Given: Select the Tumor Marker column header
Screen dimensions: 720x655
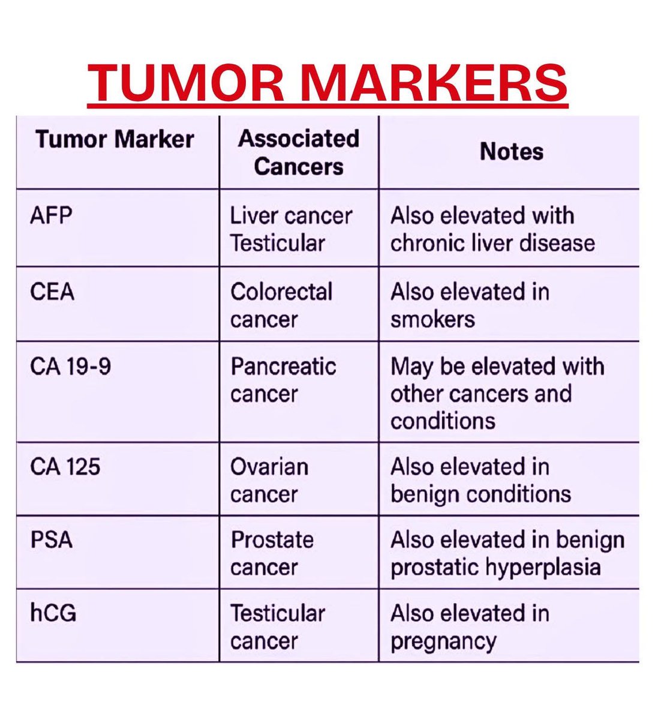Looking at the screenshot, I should pyautogui.click(x=115, y=139).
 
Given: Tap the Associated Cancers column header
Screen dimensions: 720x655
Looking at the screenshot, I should pyautogui.click(x=298, y=152).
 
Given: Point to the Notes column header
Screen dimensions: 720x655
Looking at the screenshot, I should pyautogui.click(x=511, y=151).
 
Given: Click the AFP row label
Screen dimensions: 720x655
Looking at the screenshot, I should pyautogui.click(x=51, y=215).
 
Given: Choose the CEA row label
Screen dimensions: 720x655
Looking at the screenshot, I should pyautogui.click(x=52, y=292).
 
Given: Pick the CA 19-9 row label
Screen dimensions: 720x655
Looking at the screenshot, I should pyautogui.click(x=70, y=366).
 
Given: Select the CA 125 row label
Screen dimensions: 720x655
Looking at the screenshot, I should pyautogui.click(x=65, y=466).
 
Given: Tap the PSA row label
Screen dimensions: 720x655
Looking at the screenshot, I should pyautogui.click(x=51, y=539).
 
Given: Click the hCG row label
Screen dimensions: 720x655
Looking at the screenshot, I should pyautogui.click(x=53, y=613).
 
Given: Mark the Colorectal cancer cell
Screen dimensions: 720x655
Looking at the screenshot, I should pyautogui.click(x=281, y=305).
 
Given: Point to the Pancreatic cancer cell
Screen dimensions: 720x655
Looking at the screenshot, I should pyautogui.click(x=283, y=380).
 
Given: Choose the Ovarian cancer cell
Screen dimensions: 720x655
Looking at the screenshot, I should pyautogui.click(x=269, y=480).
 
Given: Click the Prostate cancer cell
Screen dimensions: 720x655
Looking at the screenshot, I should pyautogui.click(x=272, y=553).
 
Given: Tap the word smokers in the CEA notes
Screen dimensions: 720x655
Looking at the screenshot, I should pyautogui.click(x=432, y=319).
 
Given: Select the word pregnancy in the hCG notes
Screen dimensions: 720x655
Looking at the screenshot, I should pyautogui.click(x=443, y=641).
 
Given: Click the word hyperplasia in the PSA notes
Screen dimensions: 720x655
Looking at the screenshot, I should pyautogui.click(x=547, y=567).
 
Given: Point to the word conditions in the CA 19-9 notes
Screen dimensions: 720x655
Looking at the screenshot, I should pyautogui.click(x=443, y=421).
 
